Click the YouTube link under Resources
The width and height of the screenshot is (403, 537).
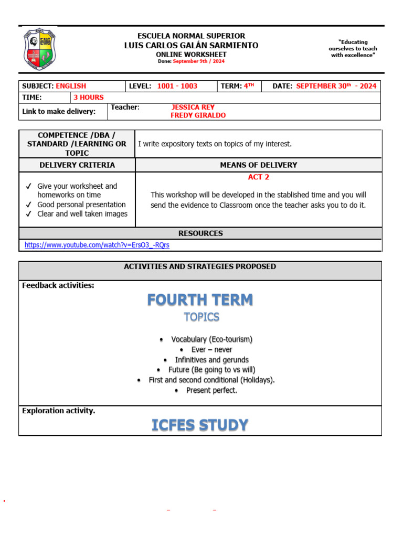(97, 245)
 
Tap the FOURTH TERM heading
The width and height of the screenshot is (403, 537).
(200, 300)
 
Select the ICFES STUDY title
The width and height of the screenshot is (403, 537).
(200, 425)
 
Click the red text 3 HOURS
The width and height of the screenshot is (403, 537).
(89, 98)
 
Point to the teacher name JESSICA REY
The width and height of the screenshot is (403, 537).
(193, 108)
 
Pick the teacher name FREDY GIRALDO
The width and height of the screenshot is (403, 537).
(198, 115)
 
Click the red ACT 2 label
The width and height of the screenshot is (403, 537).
(259, 177)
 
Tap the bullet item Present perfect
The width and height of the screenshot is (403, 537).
(211, 390)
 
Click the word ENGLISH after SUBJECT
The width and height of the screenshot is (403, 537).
(71, 86)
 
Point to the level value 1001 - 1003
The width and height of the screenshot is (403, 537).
(177, 86)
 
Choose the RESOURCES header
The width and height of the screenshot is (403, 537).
(200, 233)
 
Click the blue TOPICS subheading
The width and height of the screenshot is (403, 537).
(201, 317)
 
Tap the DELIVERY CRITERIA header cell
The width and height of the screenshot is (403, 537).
(77, 165)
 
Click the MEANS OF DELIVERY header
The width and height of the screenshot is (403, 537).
(259, 165)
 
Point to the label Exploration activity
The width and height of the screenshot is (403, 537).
(59, 411)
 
